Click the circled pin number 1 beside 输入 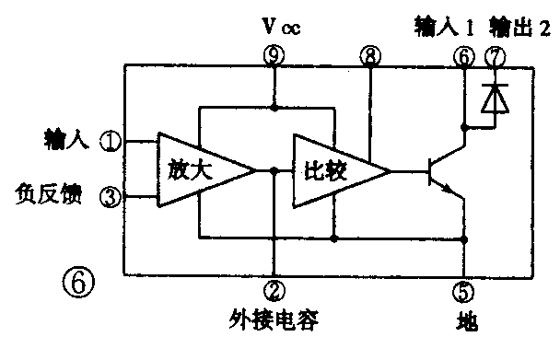(x=111, y=142)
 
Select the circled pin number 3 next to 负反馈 (x=111, y=195)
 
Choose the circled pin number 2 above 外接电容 (x=274, y=289)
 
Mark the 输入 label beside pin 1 (x=65, y=141)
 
